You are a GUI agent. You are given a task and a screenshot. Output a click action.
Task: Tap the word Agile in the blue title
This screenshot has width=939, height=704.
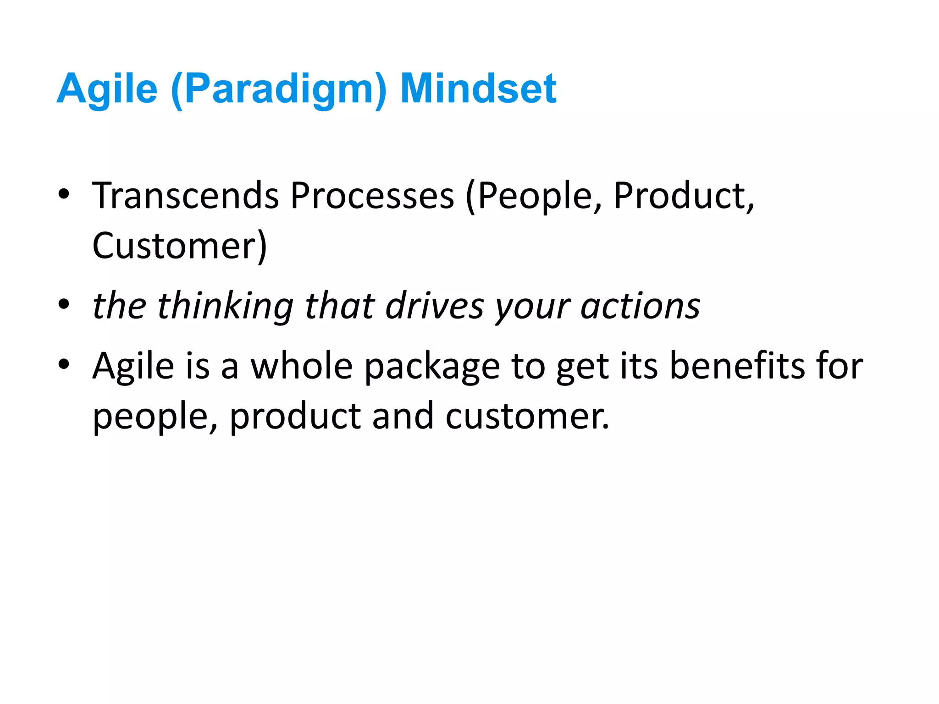click(x=107, y=89)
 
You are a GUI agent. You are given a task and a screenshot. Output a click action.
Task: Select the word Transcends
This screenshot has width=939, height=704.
click(x=185, y=196)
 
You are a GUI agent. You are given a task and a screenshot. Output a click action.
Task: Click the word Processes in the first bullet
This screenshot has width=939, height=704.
click(x=372, y=196)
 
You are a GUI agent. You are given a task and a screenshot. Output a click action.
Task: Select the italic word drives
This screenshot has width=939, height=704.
click(x=434, y=306)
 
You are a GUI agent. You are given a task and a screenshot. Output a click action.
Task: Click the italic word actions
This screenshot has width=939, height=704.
click(x=641, y=306)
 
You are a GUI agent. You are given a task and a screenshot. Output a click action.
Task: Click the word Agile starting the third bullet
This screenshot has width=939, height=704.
click(x=133, y=367)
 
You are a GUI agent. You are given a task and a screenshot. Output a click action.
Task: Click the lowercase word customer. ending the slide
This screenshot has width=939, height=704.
click(x=527, y=416)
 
